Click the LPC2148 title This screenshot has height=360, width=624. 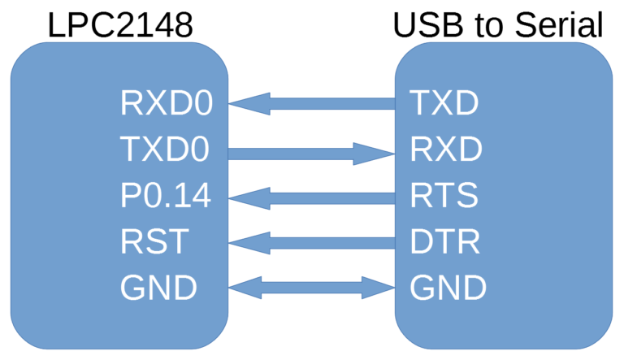pos(120,24)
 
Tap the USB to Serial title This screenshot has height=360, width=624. pos(498,24)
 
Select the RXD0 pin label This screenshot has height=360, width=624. pos(167,104)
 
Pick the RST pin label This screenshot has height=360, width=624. pos(154,241)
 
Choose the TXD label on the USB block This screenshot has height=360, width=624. pos(444,104)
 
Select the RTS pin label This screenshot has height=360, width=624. pos(444,196)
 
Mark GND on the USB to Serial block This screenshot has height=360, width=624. pos(448,288)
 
